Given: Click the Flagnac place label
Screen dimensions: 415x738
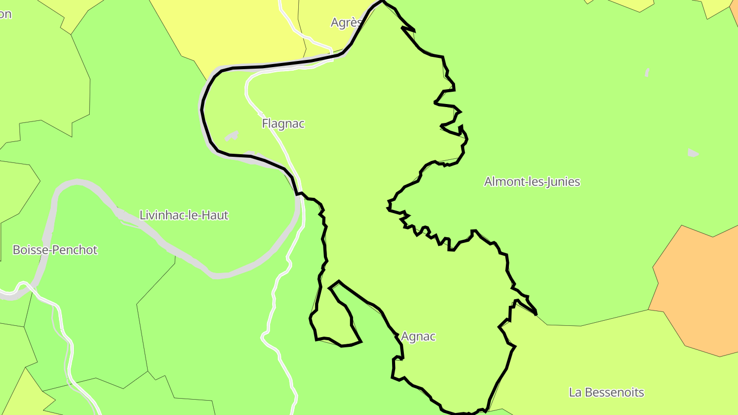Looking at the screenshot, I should pyautogui.click(x=283, y=123).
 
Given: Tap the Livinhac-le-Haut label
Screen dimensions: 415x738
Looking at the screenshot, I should pyautogui.click(x=183, y=215).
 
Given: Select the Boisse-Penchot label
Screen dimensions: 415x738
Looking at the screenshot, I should pyautogui.click(x=55, y=250).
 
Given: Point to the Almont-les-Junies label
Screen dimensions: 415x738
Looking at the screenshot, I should pyautogui.click(x=532, y=181).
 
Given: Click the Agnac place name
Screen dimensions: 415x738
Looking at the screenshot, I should pyautogui.click(x=418, y=337).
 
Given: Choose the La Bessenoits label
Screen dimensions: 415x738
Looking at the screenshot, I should pyautogui.click(x=606, y=392).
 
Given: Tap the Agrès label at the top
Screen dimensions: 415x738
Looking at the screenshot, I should pyautogui.click(x=346, y=23).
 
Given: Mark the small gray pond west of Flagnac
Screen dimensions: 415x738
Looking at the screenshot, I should pyautogui.click(x=232, y=136).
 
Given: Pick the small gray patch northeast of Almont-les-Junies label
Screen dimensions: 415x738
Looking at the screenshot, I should pyautogui.click(x=693, y=153).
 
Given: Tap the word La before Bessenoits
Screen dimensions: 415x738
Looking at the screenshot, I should pyautogui.click(x=575, y=392).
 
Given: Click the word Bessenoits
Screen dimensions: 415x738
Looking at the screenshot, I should pyautogui.click(x=614, y=392).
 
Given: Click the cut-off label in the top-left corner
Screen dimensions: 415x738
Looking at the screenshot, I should pyautogui.click(x=5, y=14).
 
